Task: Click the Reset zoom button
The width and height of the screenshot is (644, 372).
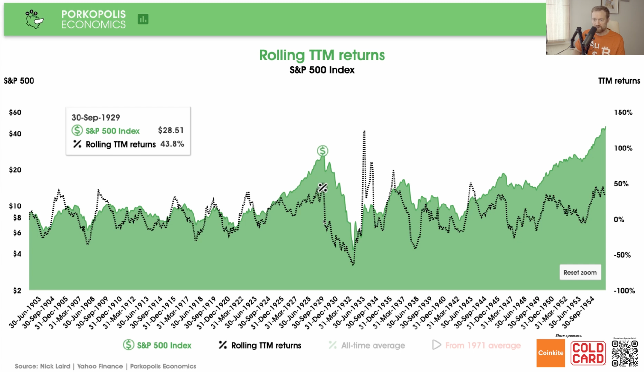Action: point(580,272)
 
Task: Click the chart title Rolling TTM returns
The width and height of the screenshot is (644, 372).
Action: point(322,55)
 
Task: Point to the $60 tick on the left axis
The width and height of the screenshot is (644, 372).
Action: point(15,113)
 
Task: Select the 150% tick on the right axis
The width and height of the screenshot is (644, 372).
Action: point(623,113)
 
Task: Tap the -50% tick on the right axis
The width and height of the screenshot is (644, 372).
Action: point(622,255)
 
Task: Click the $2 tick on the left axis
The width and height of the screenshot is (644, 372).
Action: point(17,291)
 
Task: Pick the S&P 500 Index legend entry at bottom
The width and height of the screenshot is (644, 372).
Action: point(157,345)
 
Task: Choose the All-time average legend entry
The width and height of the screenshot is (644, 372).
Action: point(367,345)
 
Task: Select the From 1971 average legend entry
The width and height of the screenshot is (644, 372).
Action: point(477,345)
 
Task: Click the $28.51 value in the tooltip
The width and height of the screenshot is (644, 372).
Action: point(171,130)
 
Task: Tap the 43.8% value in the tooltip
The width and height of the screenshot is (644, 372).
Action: point(172,144)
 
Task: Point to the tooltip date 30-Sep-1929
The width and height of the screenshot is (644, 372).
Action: point(96,117)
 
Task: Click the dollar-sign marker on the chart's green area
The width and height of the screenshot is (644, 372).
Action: point(322,150)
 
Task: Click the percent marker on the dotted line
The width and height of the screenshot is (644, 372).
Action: point(323,187)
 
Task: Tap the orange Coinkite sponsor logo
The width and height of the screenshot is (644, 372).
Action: point(551,353)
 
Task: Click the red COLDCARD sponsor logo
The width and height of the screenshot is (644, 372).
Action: point(588,353)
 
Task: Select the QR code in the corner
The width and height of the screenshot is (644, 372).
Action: point(625,353)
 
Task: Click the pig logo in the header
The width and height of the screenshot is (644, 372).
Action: point(34,19)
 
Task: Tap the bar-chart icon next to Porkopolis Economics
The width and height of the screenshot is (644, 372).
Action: point(143,19)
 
